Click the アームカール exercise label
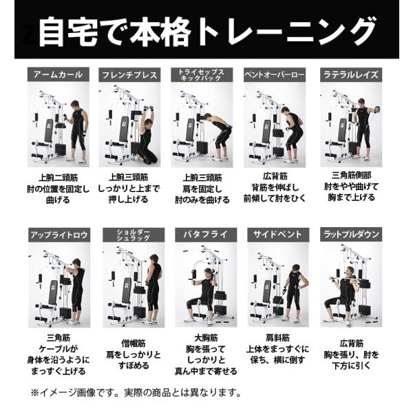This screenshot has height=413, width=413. pyautogui.click(x=58, y=74)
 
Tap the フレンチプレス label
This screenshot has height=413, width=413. pyautogui.click(x=131, y=74)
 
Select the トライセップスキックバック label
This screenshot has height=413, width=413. pyautogui.click(x=204, y=74)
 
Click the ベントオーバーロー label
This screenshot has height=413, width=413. pyautogui.click(x=277, y=74)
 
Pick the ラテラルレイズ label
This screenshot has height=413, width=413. pyautogui.click(x=350, y=74)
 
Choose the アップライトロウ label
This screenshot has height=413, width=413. pyautogui.click(x=59, y=235)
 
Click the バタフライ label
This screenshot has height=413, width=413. pyautogui.click(x=205, y=235)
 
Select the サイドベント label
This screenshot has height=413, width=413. pyautogui.click(x=277, y=235)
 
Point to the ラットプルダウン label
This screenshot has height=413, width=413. pyautogui.click(x=351, y=235)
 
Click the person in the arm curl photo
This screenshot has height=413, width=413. pyautogui.click(x=77, y=131)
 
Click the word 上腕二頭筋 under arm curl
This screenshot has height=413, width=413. pyautogui.click(x=58, y=177)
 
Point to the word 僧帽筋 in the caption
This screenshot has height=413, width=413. pyautogui.click(x=132, y=343)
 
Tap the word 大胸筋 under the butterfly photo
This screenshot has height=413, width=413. pyautogui.click(x=205, y=339)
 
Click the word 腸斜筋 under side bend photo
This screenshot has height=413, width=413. pyautogui.click(x=278, y=337)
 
